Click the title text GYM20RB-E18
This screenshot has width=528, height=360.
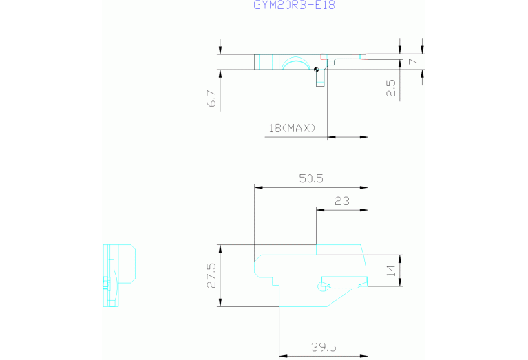[x=295, y=5]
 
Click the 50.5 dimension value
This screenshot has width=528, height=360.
[x=311, y=178]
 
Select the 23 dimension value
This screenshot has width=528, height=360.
[x=341, y=201]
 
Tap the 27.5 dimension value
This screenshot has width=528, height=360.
[x=211, y=275]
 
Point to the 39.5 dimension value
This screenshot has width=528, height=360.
[x=324, y=347]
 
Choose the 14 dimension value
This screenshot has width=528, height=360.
[x=390, y=271]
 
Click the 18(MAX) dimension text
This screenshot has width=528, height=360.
[x=293, y=128]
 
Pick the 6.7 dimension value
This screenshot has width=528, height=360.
[x=211, y=98]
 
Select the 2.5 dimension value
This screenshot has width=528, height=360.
[x=390, y=88]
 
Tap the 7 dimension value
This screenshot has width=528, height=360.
[x=413, y=61]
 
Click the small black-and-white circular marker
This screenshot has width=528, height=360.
[x=316, y=70]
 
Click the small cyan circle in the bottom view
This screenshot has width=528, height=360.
[x=321, y=286]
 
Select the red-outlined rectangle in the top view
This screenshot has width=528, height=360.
[x=344, y=56]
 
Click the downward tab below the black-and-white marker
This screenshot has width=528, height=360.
[x=320, y=78]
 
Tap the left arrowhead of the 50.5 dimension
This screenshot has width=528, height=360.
[x=259, y=188]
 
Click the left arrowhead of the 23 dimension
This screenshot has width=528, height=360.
[x=321, y=210]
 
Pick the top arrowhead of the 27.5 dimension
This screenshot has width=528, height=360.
[x=220, y=249]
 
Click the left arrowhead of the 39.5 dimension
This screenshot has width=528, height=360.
[x=284, y=356]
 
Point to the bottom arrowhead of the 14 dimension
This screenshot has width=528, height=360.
[x=400, y=282]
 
